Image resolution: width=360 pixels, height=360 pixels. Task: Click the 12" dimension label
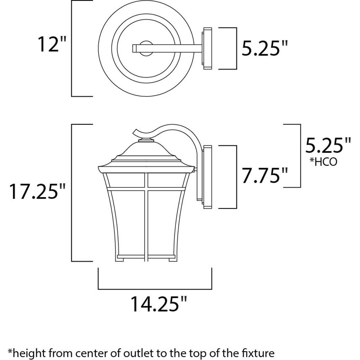52,44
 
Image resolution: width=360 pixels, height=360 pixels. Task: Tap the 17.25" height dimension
37,191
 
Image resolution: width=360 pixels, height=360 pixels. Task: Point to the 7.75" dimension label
265,175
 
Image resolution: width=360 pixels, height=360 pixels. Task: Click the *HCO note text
324,161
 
